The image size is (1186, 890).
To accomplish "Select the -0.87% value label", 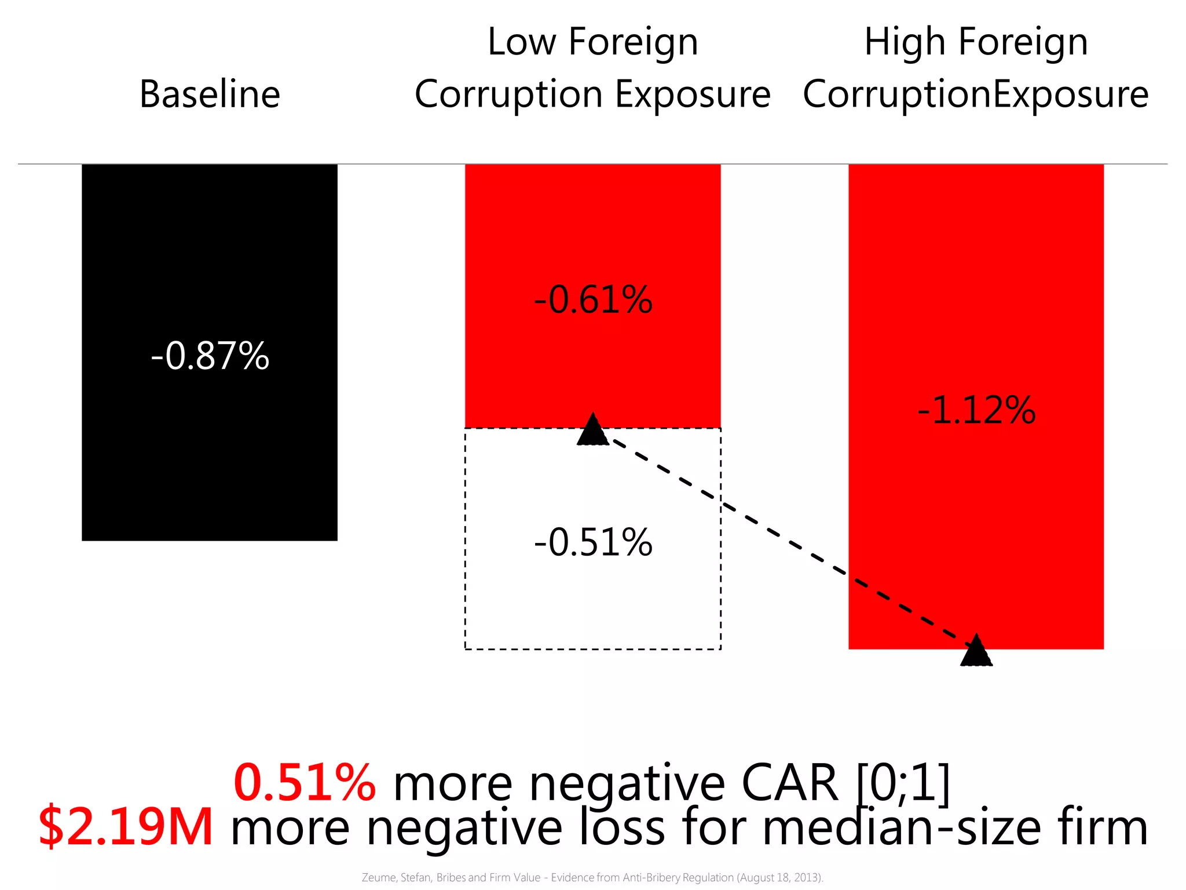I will (210, 355).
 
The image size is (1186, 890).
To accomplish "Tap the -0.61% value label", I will (593, 300).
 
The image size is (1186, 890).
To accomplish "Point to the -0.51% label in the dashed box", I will (593, 542).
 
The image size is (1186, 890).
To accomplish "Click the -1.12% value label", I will (976, 410).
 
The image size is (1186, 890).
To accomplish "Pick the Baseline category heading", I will (210, 94).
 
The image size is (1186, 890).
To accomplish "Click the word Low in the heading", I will (521, 42).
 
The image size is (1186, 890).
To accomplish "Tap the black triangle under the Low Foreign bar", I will (593, 431).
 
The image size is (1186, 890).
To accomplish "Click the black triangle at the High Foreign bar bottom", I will (976, 652).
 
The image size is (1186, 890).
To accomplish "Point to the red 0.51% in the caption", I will (305, 783).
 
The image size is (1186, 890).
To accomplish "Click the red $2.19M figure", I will (126, 827).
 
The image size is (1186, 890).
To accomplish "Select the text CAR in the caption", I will (789, 783).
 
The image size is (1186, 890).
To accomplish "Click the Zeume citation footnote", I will (592, 877).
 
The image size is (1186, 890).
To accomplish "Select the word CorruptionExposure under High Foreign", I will (976, 94).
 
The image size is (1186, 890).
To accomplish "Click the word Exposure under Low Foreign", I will (693, 94).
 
